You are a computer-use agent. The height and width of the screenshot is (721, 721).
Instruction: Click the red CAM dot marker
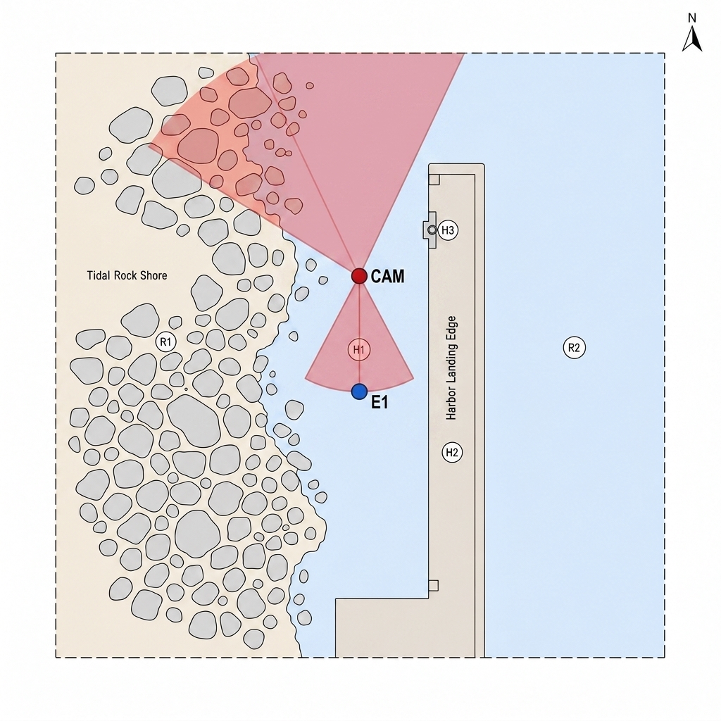point(359,276)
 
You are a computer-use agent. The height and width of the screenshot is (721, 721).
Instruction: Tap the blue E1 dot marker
point(359,391)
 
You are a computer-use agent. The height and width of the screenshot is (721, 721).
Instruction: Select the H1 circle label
point(358,350)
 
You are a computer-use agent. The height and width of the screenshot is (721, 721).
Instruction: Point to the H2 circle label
point(452,453)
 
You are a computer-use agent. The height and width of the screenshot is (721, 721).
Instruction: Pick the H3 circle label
point(448,230)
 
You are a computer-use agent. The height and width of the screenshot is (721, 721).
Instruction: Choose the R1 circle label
point(165,342)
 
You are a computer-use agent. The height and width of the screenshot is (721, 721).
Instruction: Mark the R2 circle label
point(575,348)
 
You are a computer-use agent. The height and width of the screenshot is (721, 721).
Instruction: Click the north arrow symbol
point(692,38)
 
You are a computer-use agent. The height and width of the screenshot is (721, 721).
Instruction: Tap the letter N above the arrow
point(692,18)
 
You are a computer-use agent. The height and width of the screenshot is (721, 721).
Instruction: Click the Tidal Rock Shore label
point(127,275)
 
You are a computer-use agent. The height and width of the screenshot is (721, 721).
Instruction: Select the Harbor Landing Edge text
point(451,368)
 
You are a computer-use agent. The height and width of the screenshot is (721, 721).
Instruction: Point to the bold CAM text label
point(388,276)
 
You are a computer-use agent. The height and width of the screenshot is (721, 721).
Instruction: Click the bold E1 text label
point(380,403)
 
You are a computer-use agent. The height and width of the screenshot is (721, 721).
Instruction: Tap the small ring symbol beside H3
point(432,230)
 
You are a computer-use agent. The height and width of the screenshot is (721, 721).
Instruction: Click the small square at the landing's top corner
point(434,180)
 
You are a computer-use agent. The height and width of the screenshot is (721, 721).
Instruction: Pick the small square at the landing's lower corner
point(433,585)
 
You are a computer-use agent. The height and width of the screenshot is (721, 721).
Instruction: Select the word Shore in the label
point(153,275)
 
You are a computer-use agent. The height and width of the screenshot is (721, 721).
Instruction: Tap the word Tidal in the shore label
point(97,275)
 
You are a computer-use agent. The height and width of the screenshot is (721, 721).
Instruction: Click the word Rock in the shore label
point(124,275)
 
